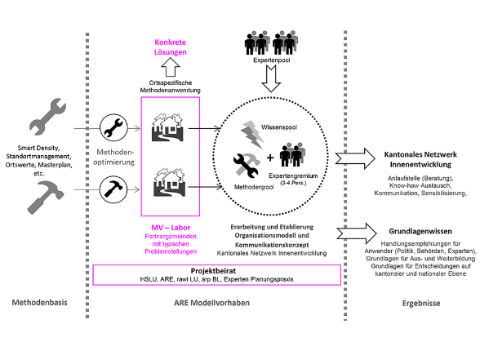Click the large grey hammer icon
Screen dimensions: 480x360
point(45,198)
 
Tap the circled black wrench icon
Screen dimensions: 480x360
point(113,127)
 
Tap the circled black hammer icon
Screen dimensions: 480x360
point(113,189)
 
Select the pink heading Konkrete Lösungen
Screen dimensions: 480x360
point(170,47)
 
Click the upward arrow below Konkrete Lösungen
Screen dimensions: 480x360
point(171,67)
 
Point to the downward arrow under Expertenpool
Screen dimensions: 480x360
point(271,78)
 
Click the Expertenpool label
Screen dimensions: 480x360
point(272,60)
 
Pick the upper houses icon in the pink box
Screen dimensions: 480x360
point(167,127)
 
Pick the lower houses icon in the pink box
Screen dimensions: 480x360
point(169,182)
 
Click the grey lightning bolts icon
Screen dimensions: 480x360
point(252,134)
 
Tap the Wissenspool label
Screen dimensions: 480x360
point(279,127)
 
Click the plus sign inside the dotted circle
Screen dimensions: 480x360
point(270,158)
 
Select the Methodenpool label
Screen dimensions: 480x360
point(254,187)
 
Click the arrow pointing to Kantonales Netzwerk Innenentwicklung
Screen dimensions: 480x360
point(355,158)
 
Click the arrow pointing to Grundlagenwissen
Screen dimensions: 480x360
point(357,233)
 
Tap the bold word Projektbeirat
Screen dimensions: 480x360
point(213,271)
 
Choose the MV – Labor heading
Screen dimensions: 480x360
point(171,228)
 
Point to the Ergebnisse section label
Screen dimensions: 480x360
point(421,304)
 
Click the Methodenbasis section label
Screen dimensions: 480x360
point(39,302)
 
